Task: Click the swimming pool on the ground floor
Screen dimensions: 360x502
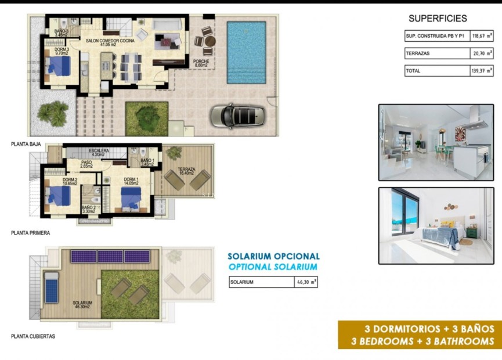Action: point(246,52)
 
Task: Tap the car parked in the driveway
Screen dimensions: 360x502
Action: point(237,115)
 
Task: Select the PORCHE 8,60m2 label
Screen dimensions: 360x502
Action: point(202,63)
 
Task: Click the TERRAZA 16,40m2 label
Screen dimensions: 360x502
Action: point(187,171)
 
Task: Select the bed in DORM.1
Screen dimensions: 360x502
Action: point(132,199)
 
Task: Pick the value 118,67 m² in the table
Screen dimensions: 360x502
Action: point(482,36)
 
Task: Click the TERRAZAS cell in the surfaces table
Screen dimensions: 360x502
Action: point(436,53)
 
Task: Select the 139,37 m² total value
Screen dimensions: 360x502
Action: point(482,71)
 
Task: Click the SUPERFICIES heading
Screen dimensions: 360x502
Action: point(438,19)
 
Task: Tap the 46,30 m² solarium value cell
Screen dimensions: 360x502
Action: point(306,282)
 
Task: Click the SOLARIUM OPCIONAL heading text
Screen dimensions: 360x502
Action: point(273,256)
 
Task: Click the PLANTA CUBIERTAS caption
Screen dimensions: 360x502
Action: point(34,336)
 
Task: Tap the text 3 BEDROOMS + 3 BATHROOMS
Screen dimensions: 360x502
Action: point(422,341)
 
